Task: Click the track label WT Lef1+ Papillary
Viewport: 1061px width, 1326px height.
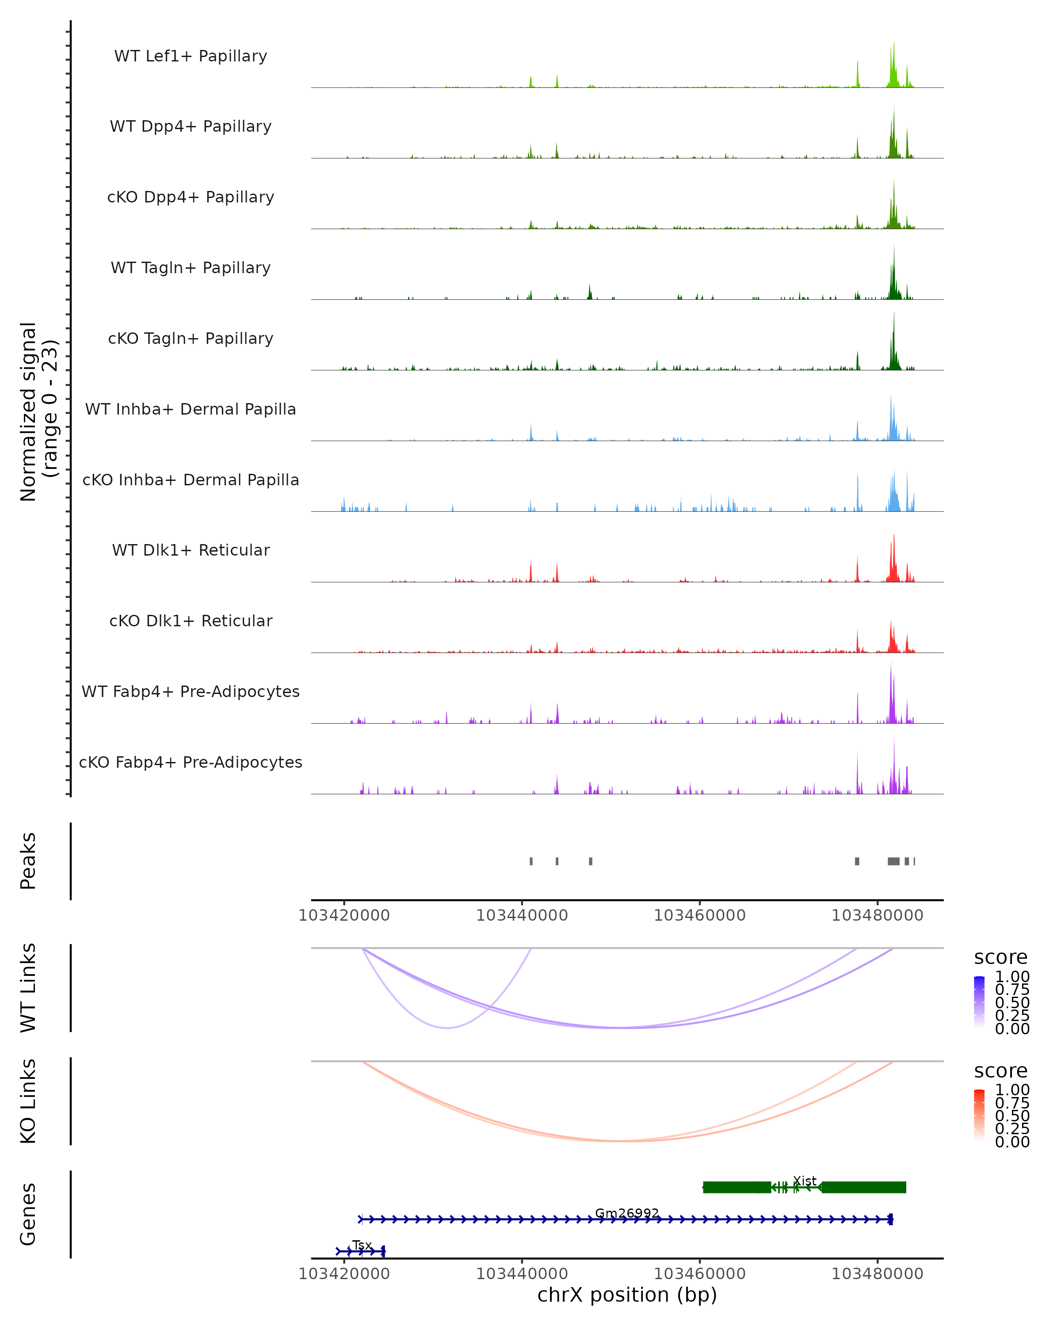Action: [191, 56]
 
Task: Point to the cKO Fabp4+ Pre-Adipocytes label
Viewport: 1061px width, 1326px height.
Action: [191, 762]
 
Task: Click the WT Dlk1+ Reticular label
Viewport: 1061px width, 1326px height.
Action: [191, 550]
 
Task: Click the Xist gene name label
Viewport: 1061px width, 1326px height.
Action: [805, 1181]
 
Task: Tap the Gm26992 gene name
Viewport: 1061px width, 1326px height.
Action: [627, 1213]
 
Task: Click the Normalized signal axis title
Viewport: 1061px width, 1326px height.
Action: [38, 412]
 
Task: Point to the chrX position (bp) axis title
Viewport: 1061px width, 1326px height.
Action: [627, 1295]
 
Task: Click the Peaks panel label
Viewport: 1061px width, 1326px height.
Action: [28, 861]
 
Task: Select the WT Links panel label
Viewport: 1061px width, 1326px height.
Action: [28, 988]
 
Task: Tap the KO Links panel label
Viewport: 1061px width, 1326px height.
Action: [28, 1101]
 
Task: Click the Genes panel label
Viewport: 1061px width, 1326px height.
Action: [28, 1214]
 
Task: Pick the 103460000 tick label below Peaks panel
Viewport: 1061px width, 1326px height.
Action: [699, 915]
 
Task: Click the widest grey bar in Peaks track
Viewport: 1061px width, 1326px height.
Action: [893, 861]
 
